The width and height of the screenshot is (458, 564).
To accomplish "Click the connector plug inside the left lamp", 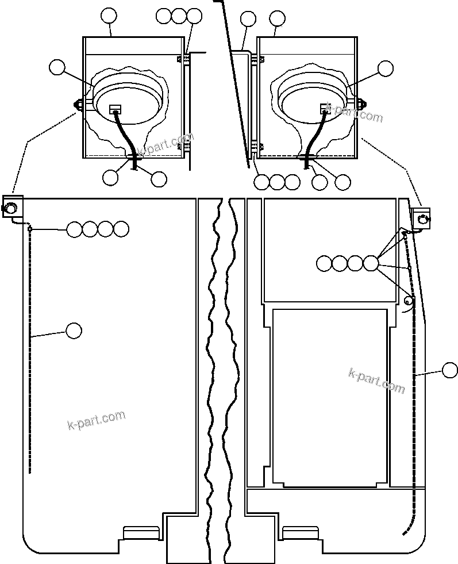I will [x=115, y=109].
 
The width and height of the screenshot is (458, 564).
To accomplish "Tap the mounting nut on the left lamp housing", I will [x=76, y=105].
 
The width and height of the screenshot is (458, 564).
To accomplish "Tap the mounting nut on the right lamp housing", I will [x=363, y=104].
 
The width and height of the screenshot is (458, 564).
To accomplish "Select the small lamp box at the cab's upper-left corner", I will [x=11, y=206].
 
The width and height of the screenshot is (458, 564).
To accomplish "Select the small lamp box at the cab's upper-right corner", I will [x=421, y=217].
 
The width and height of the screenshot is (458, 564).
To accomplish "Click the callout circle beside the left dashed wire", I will [x=74, y=331].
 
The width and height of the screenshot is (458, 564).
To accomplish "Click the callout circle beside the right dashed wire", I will [x=450, y=371].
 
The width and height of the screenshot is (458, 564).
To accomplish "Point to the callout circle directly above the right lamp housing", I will [x=277, y=19].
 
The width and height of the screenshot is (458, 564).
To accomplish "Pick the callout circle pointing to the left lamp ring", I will [x=57, y=67].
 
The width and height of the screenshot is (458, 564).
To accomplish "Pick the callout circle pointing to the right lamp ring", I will [x=386, y=68].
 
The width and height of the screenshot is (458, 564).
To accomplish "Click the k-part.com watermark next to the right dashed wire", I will [x=376, y=380].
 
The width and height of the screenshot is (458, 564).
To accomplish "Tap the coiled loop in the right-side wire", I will [x=409, y=300].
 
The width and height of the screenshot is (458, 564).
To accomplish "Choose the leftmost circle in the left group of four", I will [x=75, y=229].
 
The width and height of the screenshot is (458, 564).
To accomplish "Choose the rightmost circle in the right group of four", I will [x=371, y=264].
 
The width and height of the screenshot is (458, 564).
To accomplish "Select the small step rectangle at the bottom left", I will [x=141, y=532].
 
